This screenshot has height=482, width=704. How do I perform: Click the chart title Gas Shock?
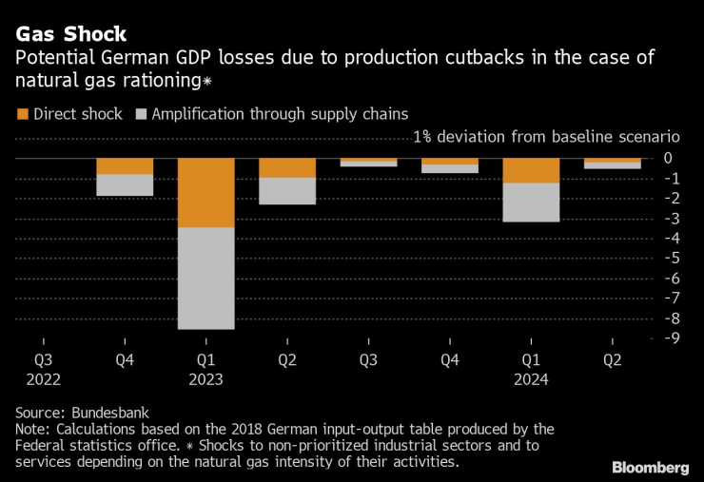70,35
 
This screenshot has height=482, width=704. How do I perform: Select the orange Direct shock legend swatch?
23,114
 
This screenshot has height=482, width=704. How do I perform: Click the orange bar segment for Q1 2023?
206,193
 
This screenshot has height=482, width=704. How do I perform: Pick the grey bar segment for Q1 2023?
206,278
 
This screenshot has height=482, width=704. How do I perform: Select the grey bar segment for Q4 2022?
125,185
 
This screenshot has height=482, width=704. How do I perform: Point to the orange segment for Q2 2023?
287,168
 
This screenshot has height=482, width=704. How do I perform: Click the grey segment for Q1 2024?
531,202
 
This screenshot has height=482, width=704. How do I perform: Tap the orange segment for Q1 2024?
531,171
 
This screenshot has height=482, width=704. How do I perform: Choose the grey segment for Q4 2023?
450,168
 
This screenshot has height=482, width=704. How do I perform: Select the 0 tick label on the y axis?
669,158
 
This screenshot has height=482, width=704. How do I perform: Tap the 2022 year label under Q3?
44,379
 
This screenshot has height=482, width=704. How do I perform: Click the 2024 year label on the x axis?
531,379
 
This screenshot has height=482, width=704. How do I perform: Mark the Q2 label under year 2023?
287,360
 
